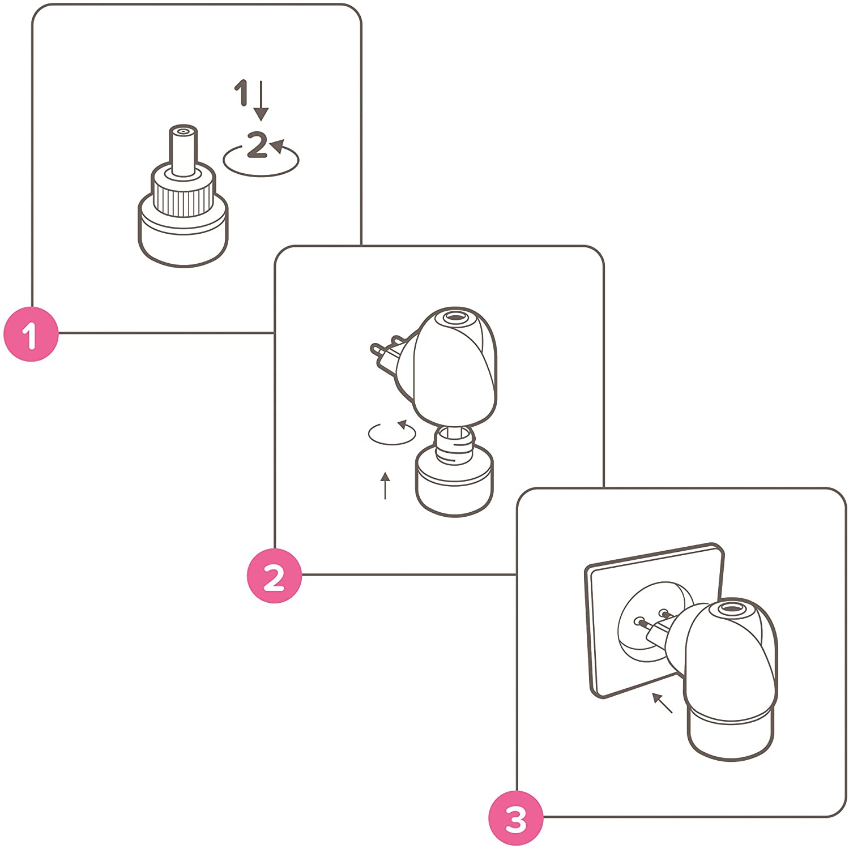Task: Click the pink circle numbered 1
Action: [x=31, y=334]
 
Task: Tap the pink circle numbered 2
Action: [x=274, y=576]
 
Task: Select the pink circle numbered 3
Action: [x=516, y=818]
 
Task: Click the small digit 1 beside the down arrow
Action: [x=242, y=93]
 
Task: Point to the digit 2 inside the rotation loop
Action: [x=258, y=145]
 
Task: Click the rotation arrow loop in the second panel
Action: [x=392, y=433]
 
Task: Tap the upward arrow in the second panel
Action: [x=385, y=486]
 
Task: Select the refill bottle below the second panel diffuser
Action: [x=454, y=472]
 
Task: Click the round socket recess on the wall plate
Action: [x=655, y=620]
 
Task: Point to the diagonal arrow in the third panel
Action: [x=662, y=703]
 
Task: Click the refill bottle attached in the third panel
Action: [x=731, y=733]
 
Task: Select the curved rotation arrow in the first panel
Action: [x=261, y=160]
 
